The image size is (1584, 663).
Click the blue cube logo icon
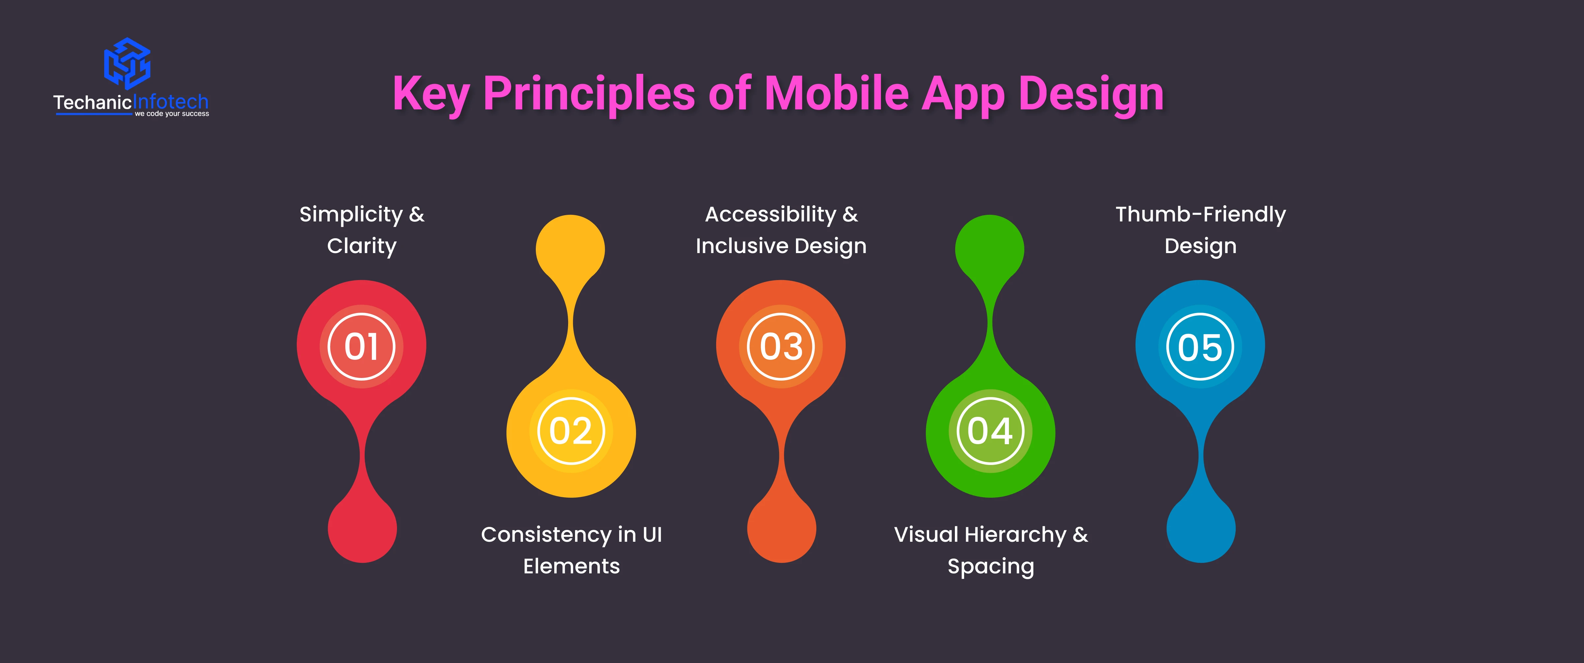[x=127, y=63]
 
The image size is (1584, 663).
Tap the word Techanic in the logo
[x=92, y=102]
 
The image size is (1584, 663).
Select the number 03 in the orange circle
[x=781, y=347]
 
